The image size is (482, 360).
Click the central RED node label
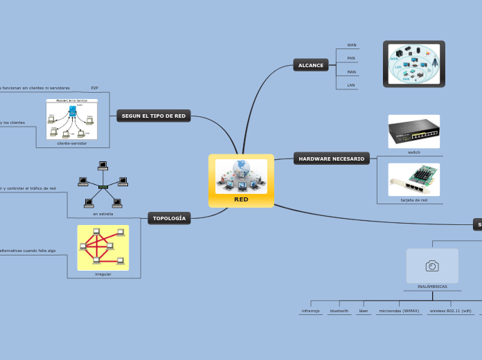[x=241, y=199]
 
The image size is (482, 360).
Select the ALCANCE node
[x=311, y=65]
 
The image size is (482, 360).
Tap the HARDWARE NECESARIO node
[x=331, y=159]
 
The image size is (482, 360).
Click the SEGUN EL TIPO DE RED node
[x=154, y=116]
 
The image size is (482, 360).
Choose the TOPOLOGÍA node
[x=169, y=218]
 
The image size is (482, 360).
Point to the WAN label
[x=352, y=45]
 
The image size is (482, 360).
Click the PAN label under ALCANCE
[x=351, y=58]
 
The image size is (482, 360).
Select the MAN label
[x=351, y=72]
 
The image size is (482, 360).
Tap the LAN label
[x=351, y=85]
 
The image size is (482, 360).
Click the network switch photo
[x=413, y=131]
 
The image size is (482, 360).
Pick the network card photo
[x=413, y=179]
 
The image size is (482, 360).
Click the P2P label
[x=94, y=89]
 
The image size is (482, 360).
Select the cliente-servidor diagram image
[x=72, y=119]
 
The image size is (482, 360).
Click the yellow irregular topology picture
[x=103, y=247]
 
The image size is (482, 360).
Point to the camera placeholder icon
[x=432, y=266]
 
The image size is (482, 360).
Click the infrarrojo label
[x=310, y=312]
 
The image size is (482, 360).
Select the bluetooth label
[x=339, y=312]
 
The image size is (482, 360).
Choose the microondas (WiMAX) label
[x=399, y=312]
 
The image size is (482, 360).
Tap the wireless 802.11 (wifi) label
[x=450, y=312]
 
